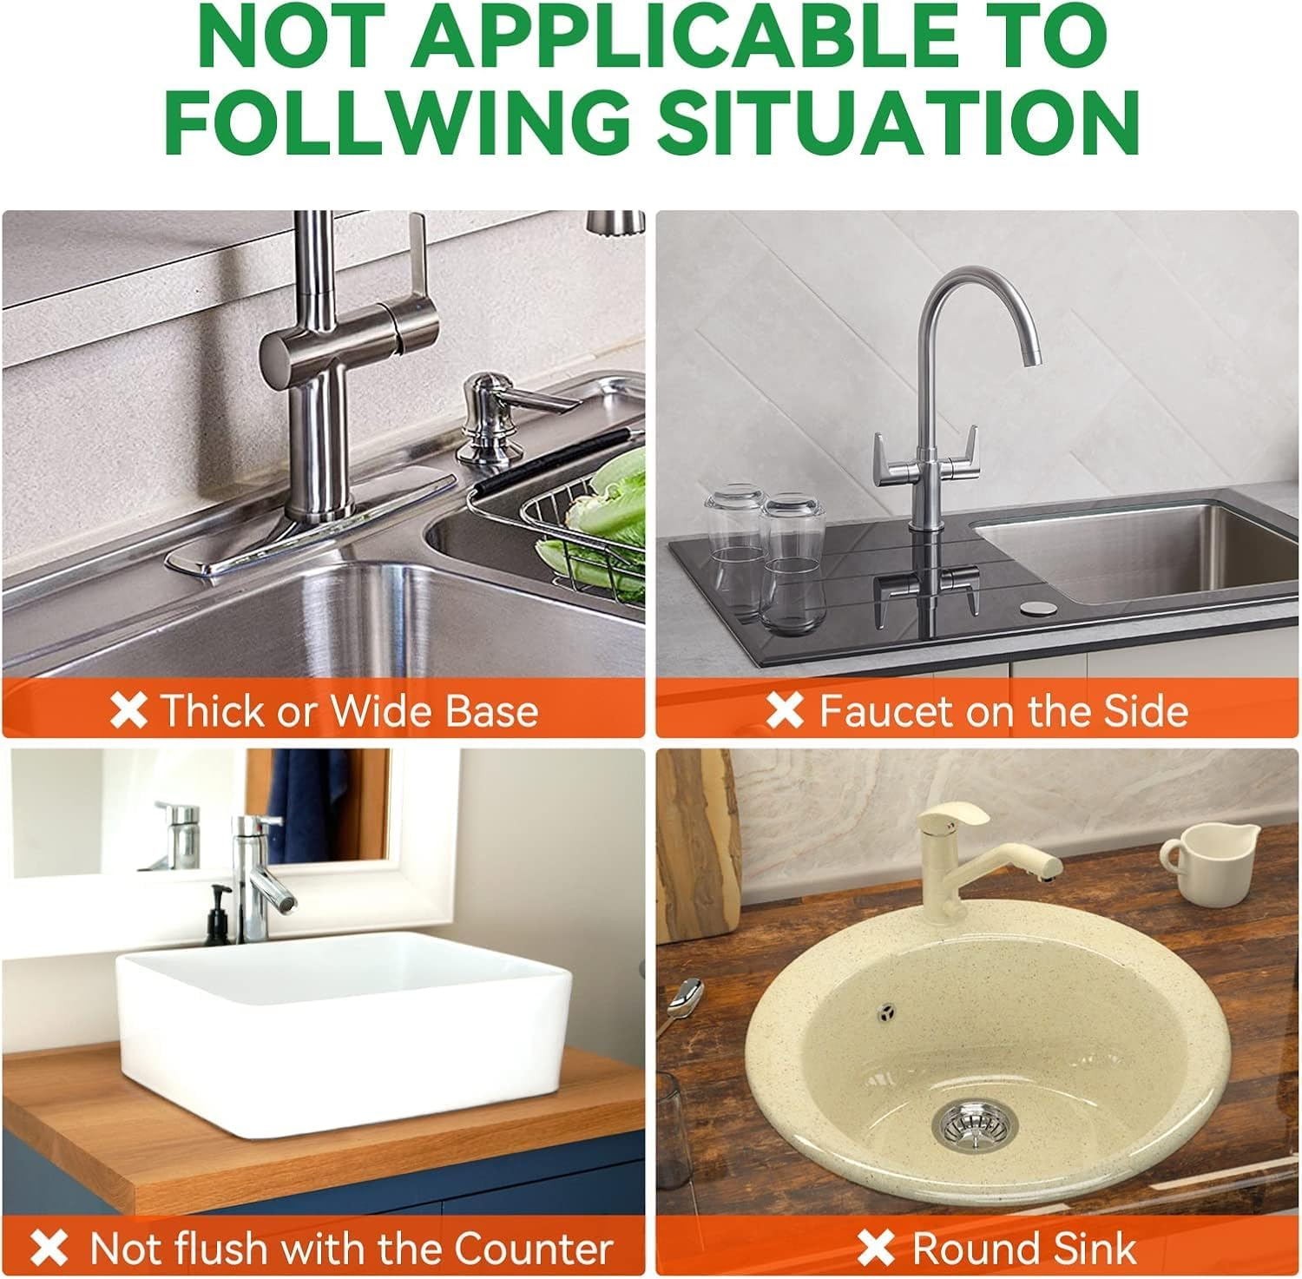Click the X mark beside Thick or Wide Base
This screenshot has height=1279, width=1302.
pos(129,710)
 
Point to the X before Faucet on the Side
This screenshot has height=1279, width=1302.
pos(786,710)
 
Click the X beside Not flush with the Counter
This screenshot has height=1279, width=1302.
pos(49,1249)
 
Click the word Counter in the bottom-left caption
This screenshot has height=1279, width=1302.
pos(533,1249)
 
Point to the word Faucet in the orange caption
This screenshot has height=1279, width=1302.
pos(885,710)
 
